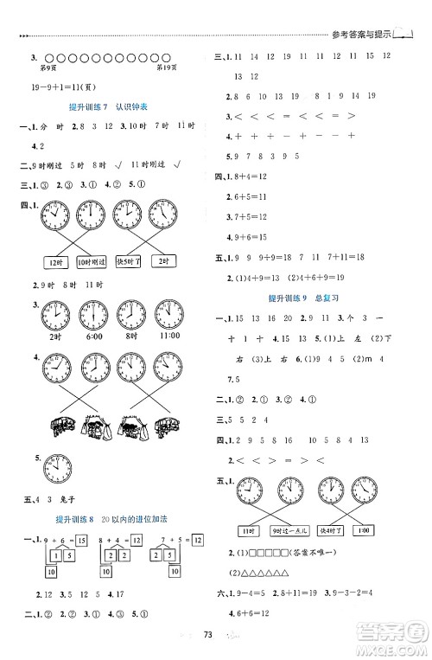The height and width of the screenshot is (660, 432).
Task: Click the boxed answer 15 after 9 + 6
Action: pyautogui.click(x=79, y=539)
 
